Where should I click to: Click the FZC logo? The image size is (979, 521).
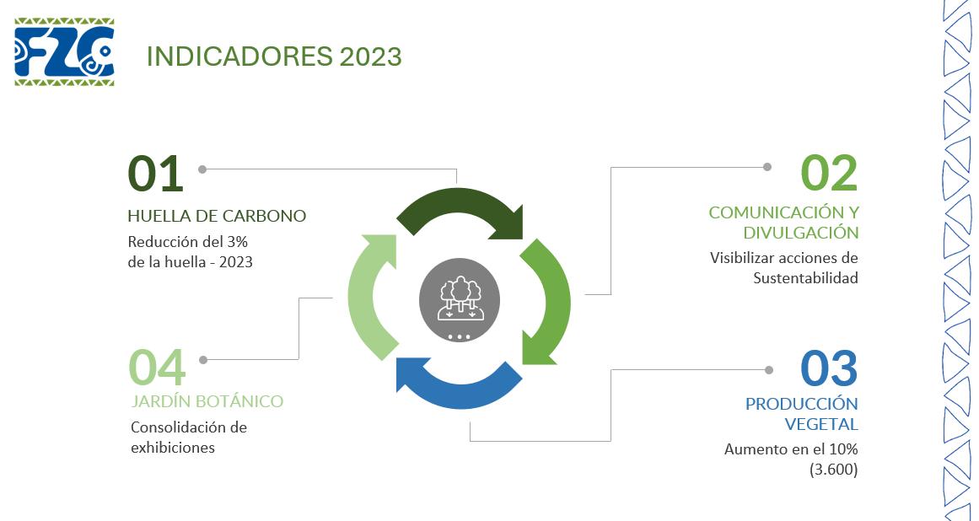point(64,51)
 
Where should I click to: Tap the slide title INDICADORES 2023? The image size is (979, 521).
point(274,56)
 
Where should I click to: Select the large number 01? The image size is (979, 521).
point(155,174)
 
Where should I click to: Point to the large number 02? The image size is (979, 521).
point(828,174)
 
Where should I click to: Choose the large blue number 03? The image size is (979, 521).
point(828,368)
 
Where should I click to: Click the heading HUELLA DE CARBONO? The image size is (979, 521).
point(217,216)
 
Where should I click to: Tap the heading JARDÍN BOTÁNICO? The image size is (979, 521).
point(207,401)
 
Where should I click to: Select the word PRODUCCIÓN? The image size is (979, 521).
point(801,404)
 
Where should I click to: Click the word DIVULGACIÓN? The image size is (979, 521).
point(800,233)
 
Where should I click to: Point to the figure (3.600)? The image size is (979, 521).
point(833,470)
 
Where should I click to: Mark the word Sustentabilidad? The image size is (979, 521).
point(805,278)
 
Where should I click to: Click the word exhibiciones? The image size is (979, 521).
point(173,448)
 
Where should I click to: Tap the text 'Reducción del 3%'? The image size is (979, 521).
point(187,242)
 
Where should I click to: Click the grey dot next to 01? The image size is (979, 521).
point(202,169)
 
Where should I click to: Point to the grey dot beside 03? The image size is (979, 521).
point(768,369)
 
